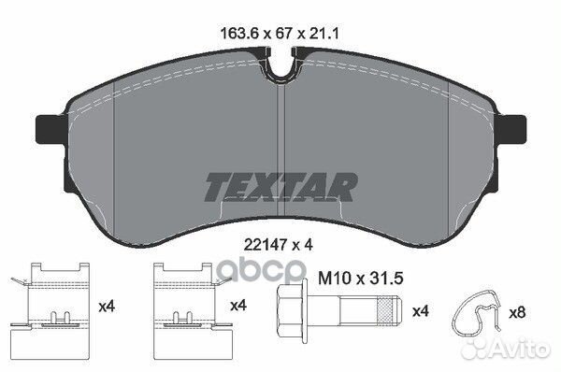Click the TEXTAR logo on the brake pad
pos(280,185)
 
